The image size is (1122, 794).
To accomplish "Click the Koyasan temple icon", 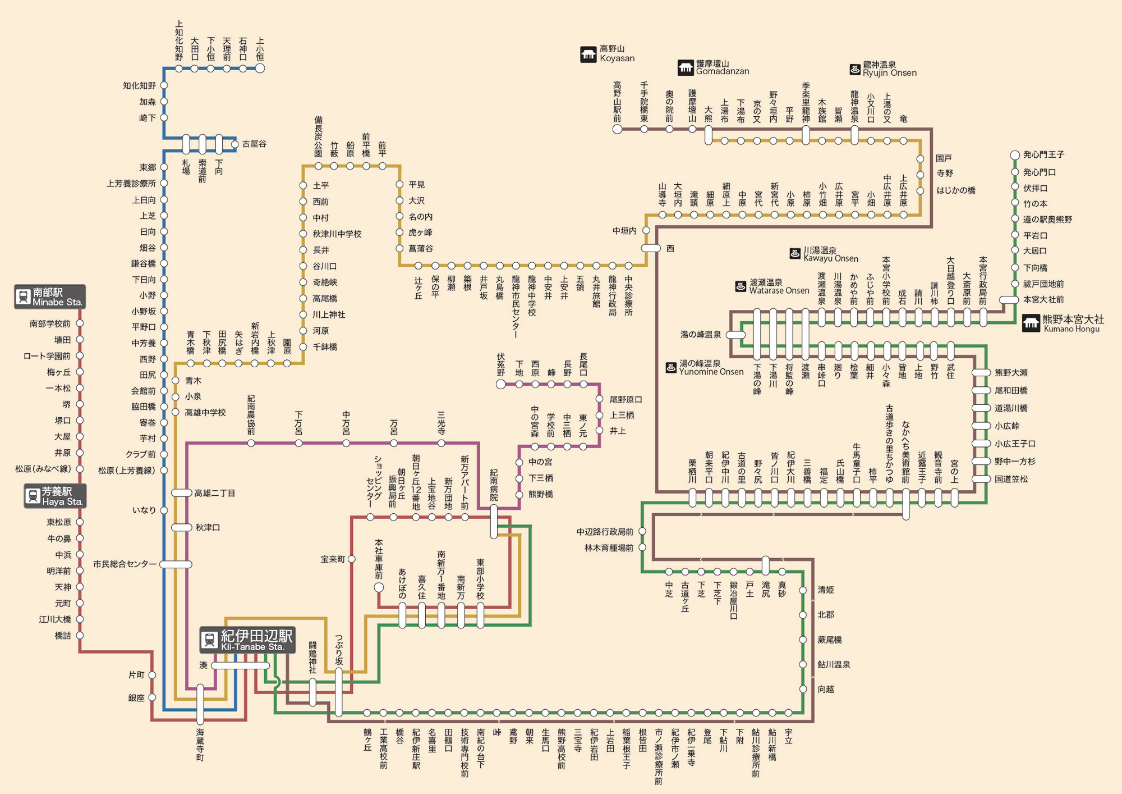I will (588, 54).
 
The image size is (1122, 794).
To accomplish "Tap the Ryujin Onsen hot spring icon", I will (855, 69).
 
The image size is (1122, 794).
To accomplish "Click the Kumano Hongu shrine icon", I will (1031, 323).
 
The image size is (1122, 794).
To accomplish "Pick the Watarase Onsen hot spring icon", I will (741, 286).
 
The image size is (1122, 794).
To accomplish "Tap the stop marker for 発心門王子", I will (1015, 155).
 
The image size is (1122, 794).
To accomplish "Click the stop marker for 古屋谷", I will (234, 144).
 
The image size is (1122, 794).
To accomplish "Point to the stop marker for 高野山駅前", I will (617, 129).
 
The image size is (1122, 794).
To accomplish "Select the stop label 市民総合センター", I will (125, 564).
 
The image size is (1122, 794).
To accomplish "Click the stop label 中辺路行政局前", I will (605, 531).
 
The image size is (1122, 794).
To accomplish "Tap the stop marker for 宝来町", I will (352, 559).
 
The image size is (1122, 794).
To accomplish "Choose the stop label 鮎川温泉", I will (834, 664).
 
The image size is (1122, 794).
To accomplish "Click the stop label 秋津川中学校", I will (337, 234).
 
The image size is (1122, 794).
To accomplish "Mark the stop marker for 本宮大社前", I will (1009, 300).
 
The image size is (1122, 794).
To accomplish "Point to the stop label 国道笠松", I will (1011, 479).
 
